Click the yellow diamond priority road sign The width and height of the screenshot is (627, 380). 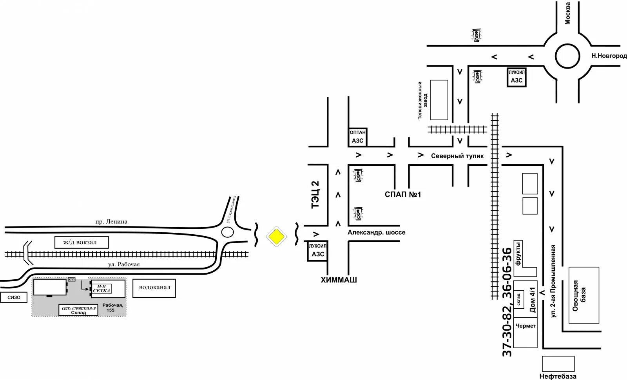coord(276,236)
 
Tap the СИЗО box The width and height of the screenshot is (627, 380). coord(14,297)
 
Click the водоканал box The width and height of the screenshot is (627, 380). coord(154,287)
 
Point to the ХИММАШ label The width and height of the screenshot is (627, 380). coord(339,280)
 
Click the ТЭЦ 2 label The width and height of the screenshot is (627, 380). coord(315,194)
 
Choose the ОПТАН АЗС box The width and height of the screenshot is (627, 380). coord(357,137)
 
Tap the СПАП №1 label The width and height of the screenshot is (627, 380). coord(402,195)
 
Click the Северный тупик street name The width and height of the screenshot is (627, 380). coord(457,156)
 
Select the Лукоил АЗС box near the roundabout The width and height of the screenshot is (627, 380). coord(516,77)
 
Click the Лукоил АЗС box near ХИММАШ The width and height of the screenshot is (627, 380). coord(317,251)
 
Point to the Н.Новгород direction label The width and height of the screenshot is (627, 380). coord(609,56)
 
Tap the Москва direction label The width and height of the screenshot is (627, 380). coord(567,13)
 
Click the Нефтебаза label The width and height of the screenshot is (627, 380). coord(558,376)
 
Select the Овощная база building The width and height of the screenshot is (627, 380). coord(584,295)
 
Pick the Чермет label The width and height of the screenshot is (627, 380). coord(526,326)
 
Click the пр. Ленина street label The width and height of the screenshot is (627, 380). coord(111,222)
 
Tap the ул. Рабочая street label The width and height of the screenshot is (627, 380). coord(124,264)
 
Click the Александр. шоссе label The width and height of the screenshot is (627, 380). coord(376,232)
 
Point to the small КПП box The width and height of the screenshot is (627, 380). coord(72,279)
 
